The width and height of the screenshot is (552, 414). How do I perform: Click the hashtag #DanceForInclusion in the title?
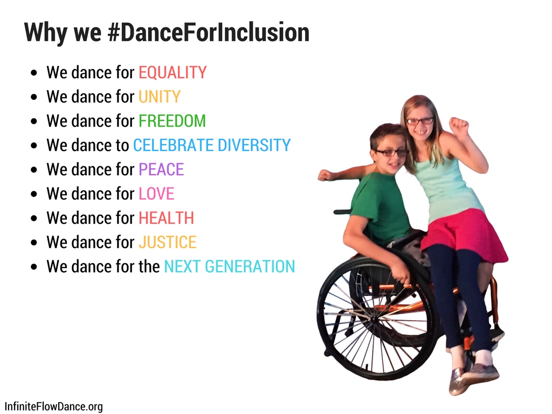pyautogui.click(x=209, y=32)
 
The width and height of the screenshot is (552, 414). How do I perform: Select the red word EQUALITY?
pyautogui.click(x=172, y=73)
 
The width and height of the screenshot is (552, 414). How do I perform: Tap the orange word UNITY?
pyautogui.click(x=160, y=97)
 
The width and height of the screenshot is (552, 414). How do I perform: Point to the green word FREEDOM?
pyautogui.click(x=172, y=121)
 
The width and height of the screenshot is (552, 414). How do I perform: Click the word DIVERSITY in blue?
pyautogui.click(x=254, y=146)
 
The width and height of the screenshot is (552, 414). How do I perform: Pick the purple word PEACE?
pyautogui.click(x=161, y=170)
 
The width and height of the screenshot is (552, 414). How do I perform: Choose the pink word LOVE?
pyautogui.click(x=156, y=194)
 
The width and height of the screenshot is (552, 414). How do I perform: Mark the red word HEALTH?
pyautogui.click(x=166, y=218)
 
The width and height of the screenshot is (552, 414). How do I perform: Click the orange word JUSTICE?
pyautogui.click(x=167, y=243)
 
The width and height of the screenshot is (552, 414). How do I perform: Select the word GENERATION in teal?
pyautogui.click(x=250, y=266)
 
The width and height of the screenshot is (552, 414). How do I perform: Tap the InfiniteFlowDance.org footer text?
pyautogui.click(x=53, y=406)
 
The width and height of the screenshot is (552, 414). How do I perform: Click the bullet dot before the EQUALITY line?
pyautogui.click(x=34, y=73)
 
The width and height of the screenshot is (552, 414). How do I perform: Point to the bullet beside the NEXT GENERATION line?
pyautogui.click(x=34, y=267)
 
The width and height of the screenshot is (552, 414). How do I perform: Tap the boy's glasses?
pyautogui.click(x=391, y=153)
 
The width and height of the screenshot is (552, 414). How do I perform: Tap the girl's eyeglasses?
pyautogui.click(x=420, y=121)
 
